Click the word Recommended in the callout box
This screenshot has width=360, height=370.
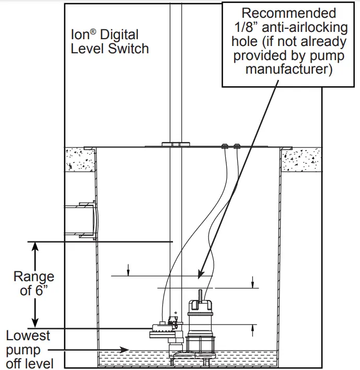(x=282, y=13)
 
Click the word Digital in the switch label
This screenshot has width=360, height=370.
(x=120, y=35)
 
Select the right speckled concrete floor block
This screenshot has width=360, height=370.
(x=301, y=160)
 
